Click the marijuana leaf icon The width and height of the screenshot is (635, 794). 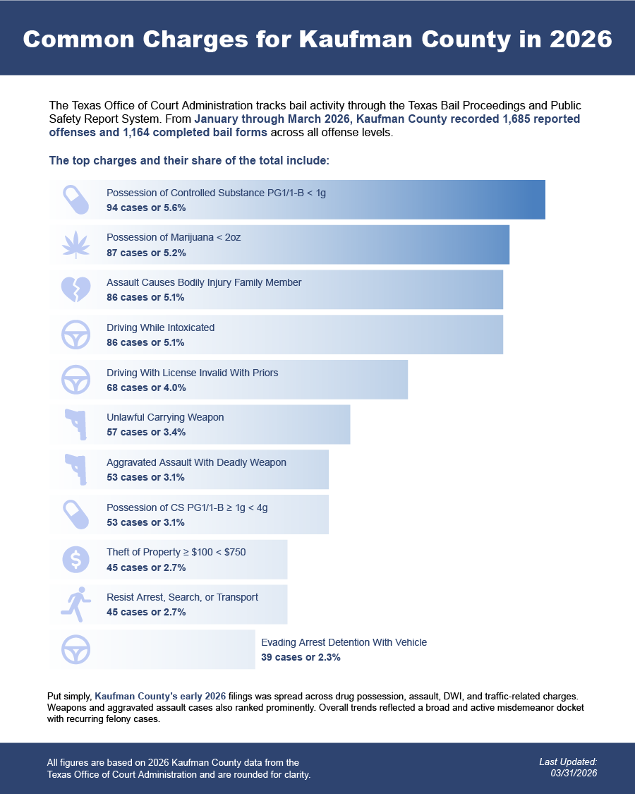[76, 245]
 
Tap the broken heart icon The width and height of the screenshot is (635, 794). [76, 289]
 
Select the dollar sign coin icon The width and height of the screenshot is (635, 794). [76, 560]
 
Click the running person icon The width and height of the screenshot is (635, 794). [76, 605]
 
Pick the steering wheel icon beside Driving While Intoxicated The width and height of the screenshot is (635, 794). [76, 335]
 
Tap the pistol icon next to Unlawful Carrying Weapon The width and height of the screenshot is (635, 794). [76, 424]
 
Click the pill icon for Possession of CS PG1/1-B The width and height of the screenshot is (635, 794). [76, 515]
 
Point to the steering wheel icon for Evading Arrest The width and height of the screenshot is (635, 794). [76, 650]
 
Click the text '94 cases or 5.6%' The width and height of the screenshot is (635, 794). [146, 207]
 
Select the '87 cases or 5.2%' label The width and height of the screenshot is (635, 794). [146, 253]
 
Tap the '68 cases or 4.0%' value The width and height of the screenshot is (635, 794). [146, 387]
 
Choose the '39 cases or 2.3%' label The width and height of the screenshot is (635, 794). [301, 657]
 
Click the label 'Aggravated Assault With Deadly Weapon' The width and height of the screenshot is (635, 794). [196, 462]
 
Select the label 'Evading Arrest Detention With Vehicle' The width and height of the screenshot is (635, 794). [344, 642]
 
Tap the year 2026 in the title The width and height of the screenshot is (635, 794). [581, 39]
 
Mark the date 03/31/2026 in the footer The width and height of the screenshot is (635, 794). [574, 774]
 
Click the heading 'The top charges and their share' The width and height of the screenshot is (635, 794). [189, 160]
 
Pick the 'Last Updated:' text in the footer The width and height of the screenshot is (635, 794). [568, 762]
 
